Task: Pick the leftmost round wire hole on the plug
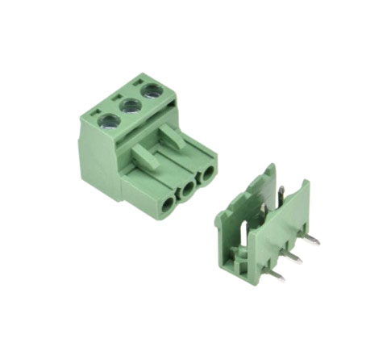pos(168,204)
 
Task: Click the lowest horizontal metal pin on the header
pos(276,276)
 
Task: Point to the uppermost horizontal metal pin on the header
pos(310,240)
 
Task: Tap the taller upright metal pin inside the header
pos(280,194)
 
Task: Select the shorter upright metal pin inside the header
pos(264,212)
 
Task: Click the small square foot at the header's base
pos(241,261)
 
